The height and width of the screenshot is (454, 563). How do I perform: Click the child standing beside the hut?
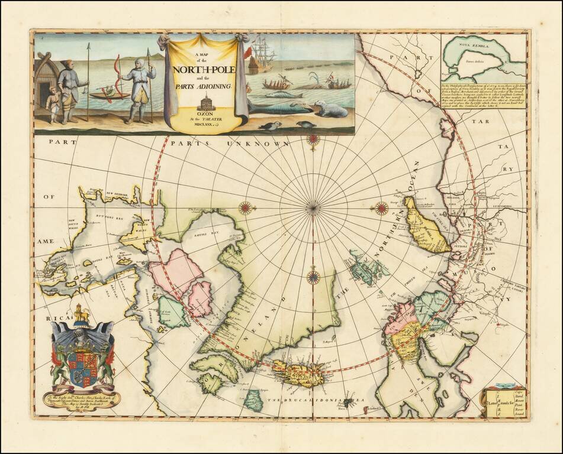tap(53, 105)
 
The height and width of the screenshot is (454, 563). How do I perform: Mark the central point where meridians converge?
tap(313, 207)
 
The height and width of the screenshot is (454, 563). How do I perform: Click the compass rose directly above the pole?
tap(313, 140)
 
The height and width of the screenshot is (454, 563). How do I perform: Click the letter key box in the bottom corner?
tap(504, 401)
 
